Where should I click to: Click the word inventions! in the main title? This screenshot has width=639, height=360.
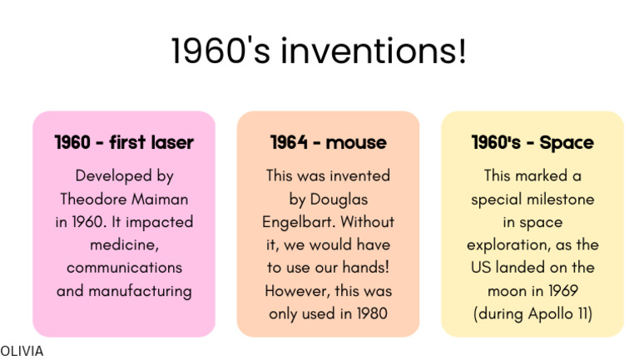[372, 52]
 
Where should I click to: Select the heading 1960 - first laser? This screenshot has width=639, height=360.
[124, 142]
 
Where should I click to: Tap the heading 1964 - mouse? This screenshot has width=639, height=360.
[328, 142]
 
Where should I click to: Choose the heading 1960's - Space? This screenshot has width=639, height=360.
[532, 142]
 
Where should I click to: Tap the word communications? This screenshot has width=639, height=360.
[124, 268]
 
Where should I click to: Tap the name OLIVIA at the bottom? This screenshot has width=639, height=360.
[22, 351]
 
